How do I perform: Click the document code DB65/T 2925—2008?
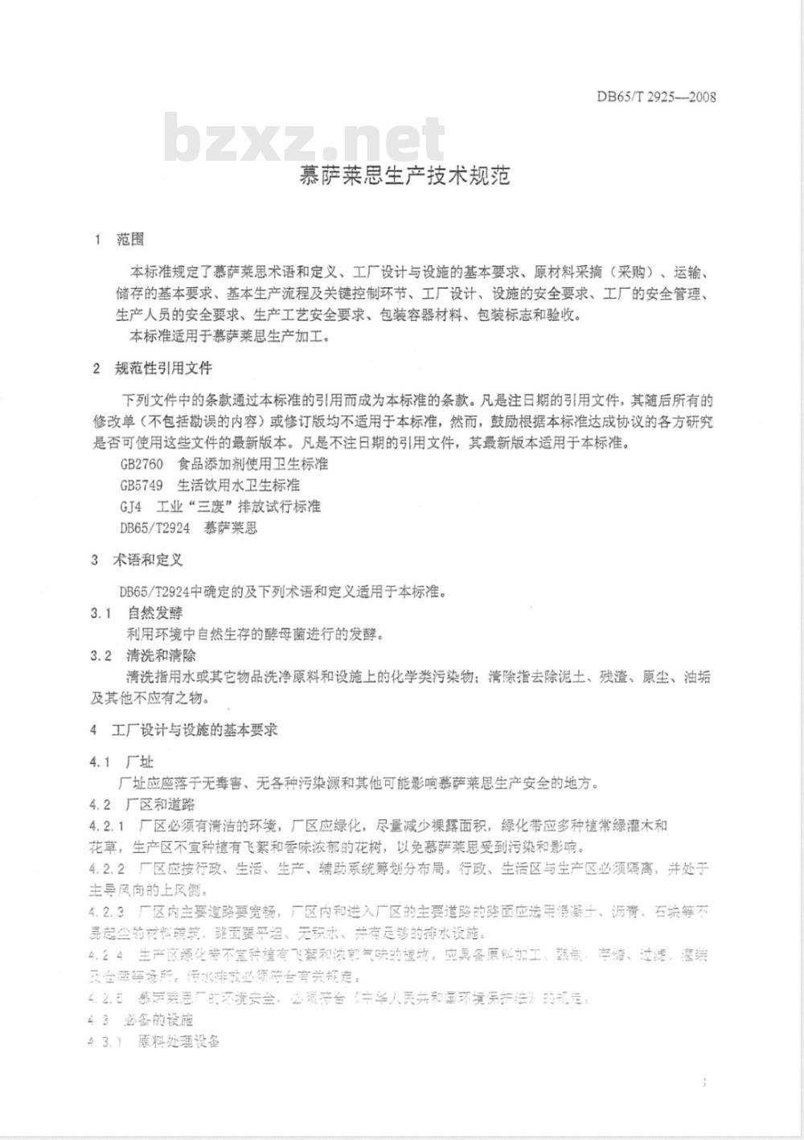point(655,97)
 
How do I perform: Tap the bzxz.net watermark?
point(305,140)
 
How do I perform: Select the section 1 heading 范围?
point(131,240)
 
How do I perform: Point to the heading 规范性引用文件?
point(164,368)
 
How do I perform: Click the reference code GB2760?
point(141,464)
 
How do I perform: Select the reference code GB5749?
point(141,485)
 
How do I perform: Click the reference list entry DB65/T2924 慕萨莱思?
point(188,528)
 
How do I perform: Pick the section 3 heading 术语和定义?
point(148,560)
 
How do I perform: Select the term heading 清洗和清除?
point(161,656)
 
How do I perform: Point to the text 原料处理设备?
point(178,1042)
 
